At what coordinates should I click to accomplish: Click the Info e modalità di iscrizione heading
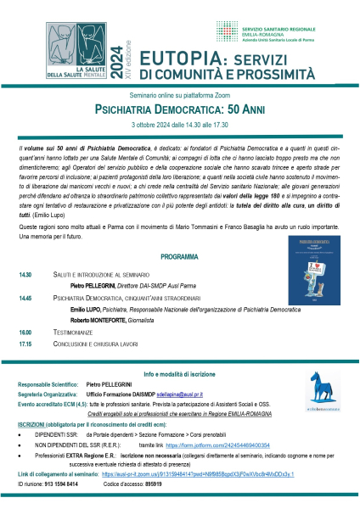pyautogui.click(x=180, y=374)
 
